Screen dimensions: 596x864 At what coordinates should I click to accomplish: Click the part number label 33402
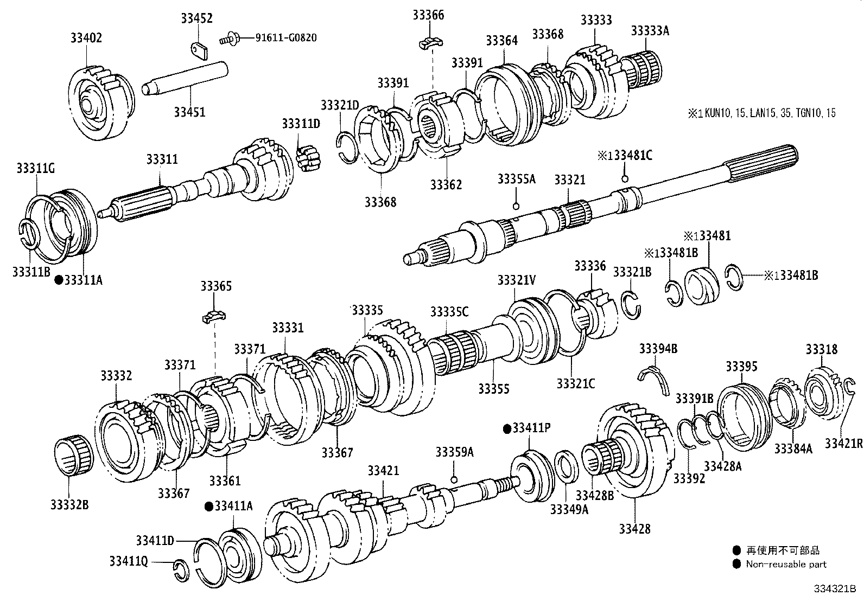86,38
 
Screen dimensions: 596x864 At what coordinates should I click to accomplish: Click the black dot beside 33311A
58,280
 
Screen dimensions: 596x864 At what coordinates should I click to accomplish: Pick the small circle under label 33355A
517,205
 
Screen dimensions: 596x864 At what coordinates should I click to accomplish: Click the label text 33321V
516,280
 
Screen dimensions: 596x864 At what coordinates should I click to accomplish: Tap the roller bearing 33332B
74,456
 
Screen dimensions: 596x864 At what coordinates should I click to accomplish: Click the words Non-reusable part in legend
786,565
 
